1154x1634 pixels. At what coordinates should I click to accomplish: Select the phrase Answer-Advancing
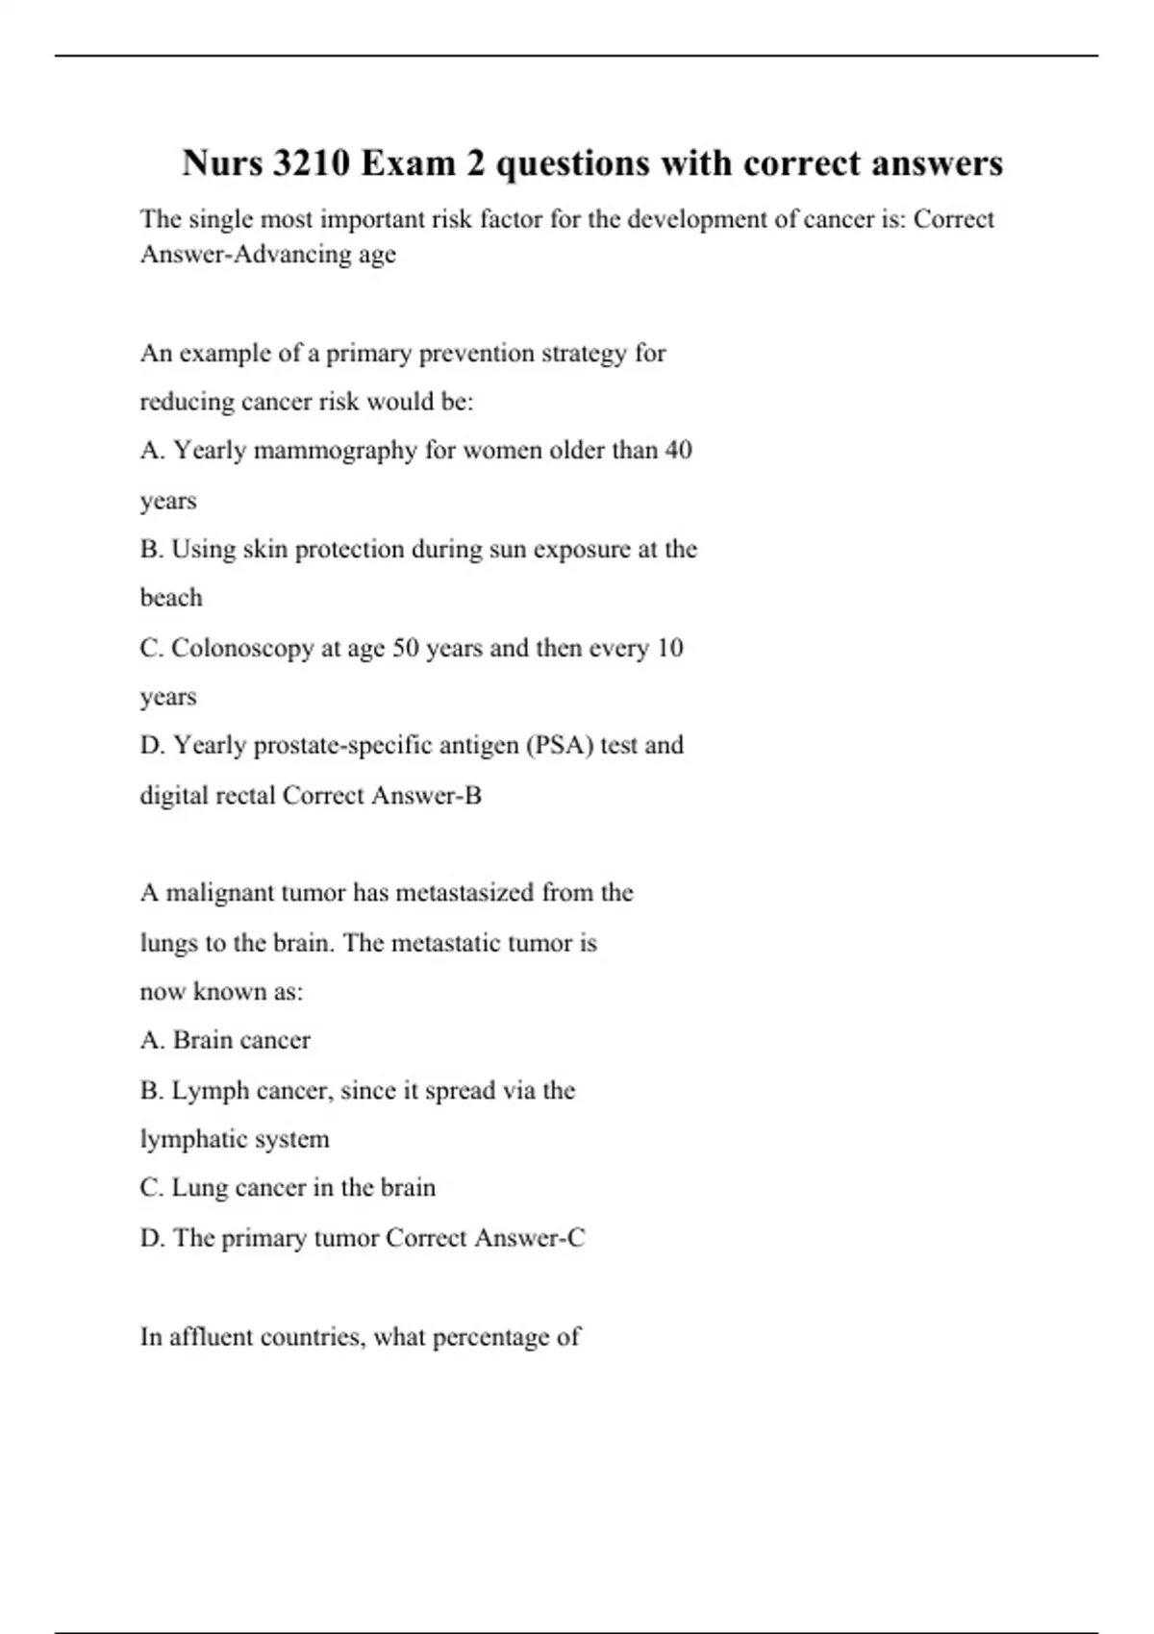(244, 255)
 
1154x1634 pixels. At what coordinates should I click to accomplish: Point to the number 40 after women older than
(678, 450)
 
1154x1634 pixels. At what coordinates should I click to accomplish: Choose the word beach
(171, 598)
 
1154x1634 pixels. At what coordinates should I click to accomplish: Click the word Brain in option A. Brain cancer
(200, 1040)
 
